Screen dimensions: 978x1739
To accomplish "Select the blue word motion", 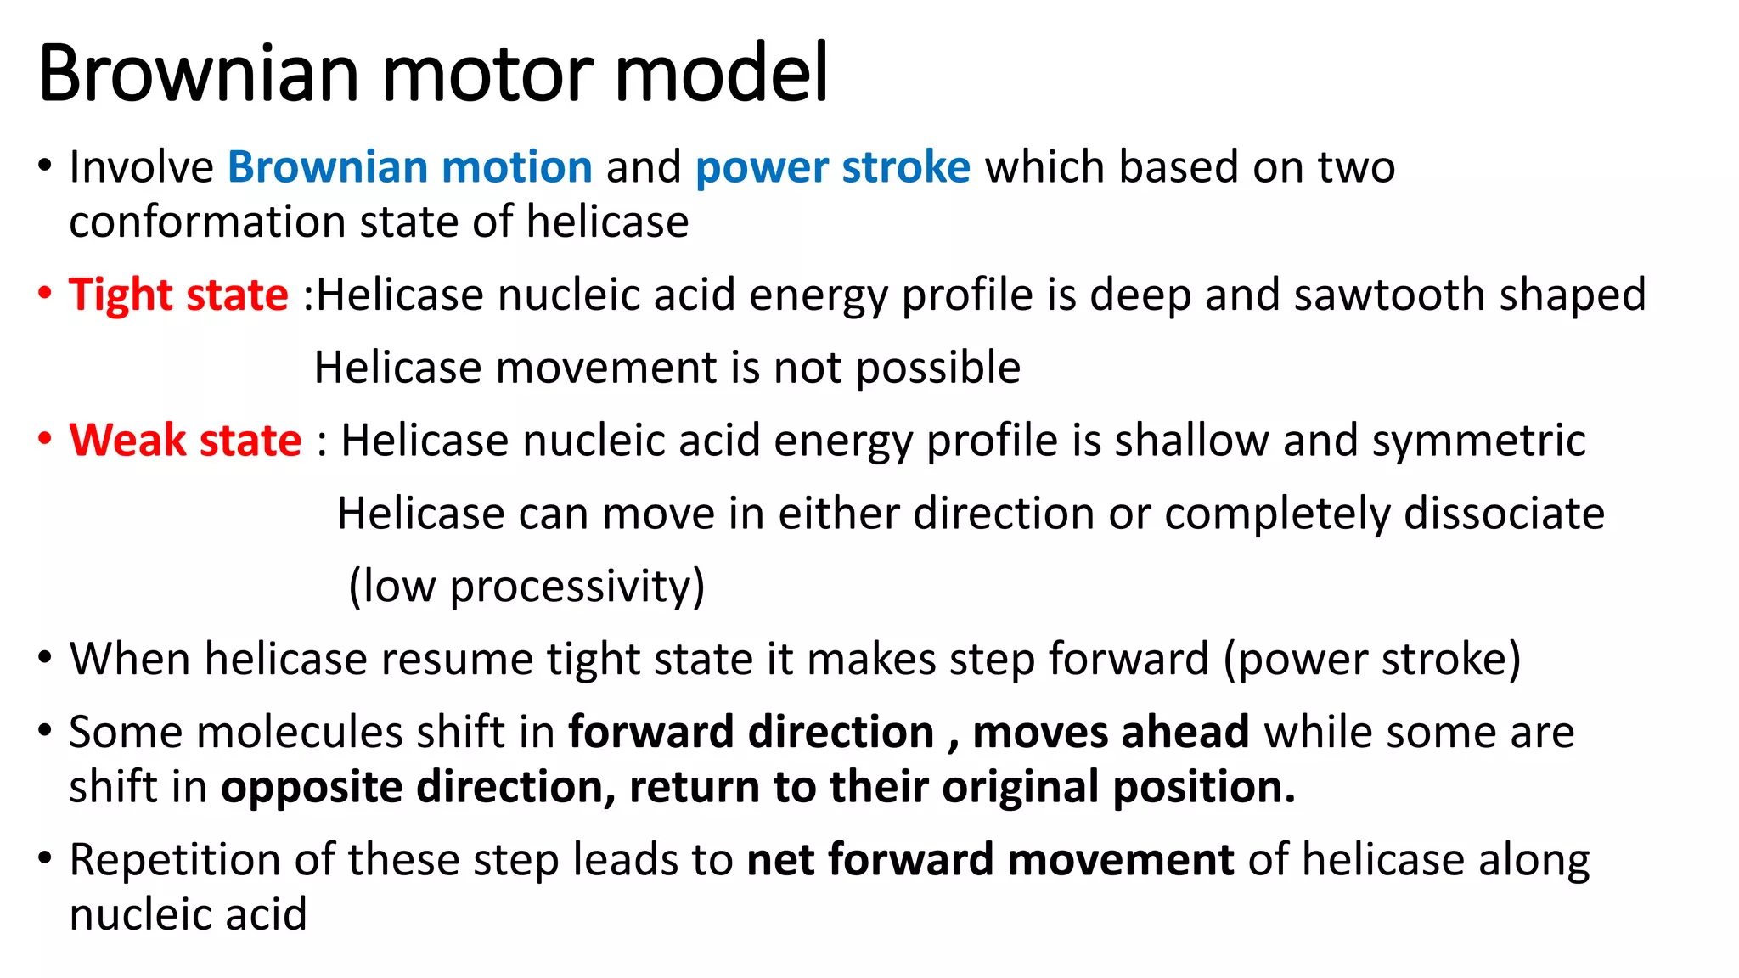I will [516, 166].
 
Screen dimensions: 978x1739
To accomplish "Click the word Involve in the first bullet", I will [141, 166].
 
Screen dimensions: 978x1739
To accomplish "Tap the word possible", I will [937, 368].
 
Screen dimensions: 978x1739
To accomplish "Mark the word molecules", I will [341, 732].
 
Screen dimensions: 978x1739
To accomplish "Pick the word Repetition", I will [175, 860].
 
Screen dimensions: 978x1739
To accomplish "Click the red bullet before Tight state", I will [46, 294].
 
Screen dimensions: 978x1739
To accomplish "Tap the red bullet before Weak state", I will [46, 439].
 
